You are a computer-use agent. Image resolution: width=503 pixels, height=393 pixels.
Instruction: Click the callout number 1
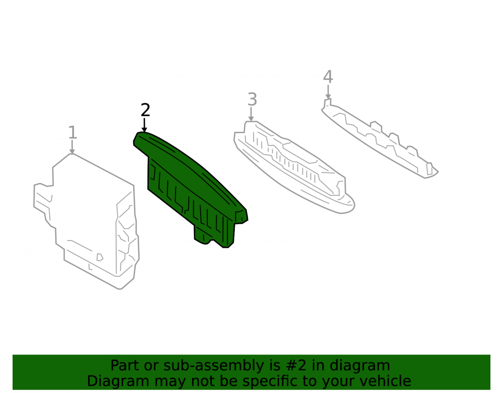point(73,132)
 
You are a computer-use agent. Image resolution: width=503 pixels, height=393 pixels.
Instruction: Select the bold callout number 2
point(145,110)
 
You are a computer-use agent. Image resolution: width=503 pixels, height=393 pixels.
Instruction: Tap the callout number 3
point(252,99)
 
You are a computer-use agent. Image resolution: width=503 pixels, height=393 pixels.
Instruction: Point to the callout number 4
point(328,76)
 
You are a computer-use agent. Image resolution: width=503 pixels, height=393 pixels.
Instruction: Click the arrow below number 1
point(72,147)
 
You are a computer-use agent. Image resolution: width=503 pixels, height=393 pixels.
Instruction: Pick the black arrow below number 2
point(144,125)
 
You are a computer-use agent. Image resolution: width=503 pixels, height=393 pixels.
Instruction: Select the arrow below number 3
point(251,114)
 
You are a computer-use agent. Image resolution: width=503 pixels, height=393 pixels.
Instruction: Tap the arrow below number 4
point(328,92)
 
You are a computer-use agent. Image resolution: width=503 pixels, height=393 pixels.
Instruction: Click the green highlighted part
point(189,186)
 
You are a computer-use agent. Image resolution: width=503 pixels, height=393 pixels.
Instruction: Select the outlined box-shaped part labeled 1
point(87,221)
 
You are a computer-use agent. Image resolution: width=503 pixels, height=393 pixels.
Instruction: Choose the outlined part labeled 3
point(294,167)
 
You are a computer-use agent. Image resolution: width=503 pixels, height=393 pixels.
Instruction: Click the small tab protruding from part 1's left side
point(43,197)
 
